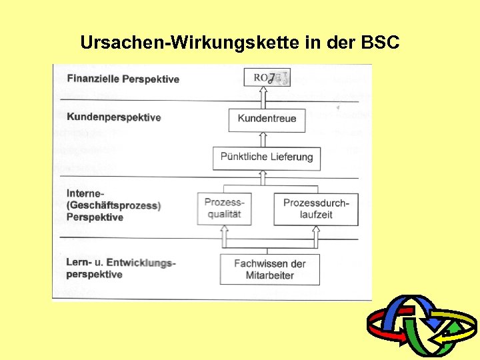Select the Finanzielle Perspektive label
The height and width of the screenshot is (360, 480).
coord(123,79)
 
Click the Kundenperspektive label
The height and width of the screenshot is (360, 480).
coord(113,117)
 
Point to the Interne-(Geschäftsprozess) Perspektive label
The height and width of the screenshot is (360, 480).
coord(113,205)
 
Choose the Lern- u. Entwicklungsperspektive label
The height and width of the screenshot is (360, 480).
coord(121,268)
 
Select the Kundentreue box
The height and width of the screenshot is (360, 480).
coord(267,119)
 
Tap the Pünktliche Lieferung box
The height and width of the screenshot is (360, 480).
coord(267,157)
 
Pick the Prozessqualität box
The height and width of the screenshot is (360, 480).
coord(224,209)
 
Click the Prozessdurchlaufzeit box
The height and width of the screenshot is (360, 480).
coord(316,209)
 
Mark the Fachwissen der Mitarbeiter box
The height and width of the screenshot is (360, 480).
coord(269,269)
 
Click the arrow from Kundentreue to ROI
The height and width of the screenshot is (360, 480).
coord(263,98)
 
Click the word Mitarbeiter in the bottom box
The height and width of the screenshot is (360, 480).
coord(269,275)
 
